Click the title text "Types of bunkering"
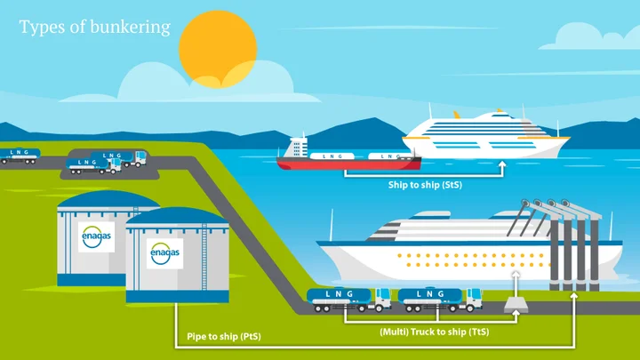click(95, 28)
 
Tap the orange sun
click(218, 49)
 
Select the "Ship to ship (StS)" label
click(425, 185)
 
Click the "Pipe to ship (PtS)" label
click(224, 337)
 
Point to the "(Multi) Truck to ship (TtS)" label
click(435, 332)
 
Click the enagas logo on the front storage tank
click(165, 253)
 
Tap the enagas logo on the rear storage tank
click(96, 236)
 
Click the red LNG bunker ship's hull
click(348, 164)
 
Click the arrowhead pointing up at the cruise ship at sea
click(502, 164)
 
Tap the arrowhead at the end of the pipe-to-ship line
click(573, 296)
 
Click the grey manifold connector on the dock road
click(516, 305)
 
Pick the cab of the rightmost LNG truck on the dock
click(474, 300)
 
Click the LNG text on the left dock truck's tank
click(340, 294)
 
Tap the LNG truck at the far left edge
click(19, 156)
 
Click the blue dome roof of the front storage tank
click(177, 216)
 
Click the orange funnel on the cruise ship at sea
click(457, 116)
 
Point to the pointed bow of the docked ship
click(318, 244)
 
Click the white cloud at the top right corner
click(592, 36)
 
